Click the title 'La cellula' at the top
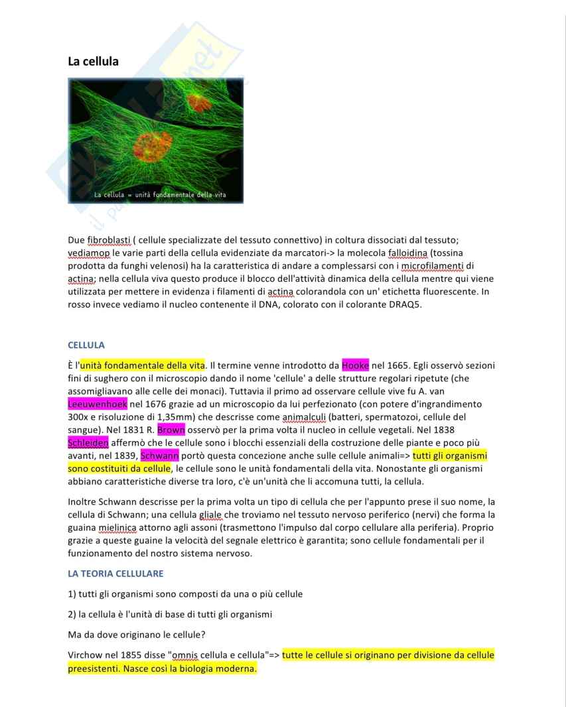pos(93,61)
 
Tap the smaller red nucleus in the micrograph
pos(197,102)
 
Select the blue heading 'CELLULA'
pos(86,345)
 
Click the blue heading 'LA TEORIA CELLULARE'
pos(115,573)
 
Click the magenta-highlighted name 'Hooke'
pos(355,365)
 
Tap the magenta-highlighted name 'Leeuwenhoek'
pos(98,404)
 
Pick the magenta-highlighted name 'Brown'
pos(171,430)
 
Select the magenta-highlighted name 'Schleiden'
pos(88,442)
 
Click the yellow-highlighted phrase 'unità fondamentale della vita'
pos(143,365)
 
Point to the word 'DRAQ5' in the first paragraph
pos(404,304)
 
